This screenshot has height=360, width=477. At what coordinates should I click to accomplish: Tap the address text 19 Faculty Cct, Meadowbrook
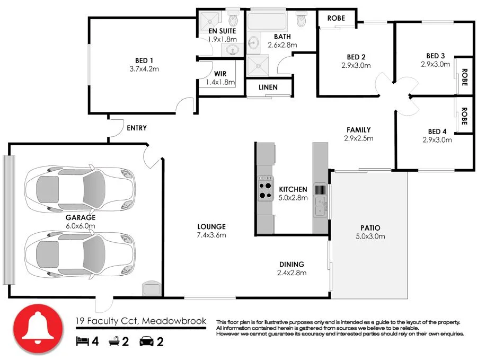(140, 321)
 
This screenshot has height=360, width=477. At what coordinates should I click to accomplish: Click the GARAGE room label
(81, 217)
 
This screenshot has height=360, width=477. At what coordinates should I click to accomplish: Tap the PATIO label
(369, 228)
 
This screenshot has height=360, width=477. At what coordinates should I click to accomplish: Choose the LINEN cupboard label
(269, 87)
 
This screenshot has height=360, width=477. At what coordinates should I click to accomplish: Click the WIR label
(220, 74)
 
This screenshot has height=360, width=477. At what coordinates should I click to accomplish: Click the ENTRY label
(136, 128)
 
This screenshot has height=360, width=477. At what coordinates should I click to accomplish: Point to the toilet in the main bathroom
(302, 20)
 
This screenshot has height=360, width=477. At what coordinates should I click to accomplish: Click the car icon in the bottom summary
(146, 341)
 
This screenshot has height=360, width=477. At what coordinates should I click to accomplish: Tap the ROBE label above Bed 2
(335, 18)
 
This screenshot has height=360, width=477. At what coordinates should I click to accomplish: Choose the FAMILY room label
(359, 130)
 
